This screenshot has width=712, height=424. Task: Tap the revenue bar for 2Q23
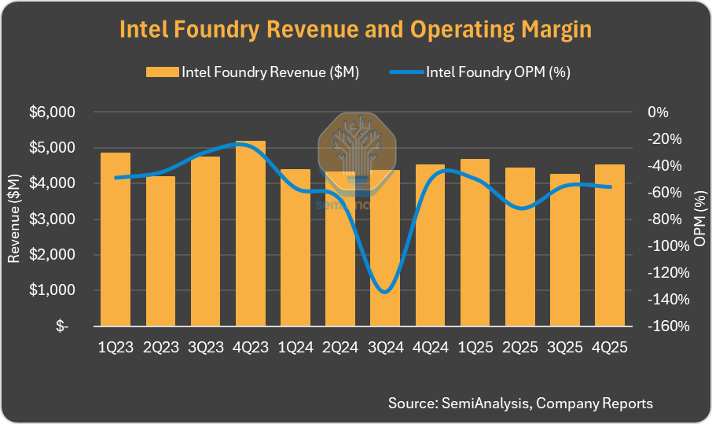tap(160, 251)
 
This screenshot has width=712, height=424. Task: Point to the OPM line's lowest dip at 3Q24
tap(384, 292)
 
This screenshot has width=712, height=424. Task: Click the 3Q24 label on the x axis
tap(385, 347)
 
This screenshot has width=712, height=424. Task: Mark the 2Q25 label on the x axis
tap(520, 347)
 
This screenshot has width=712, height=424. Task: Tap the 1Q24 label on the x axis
tap(295, 347)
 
